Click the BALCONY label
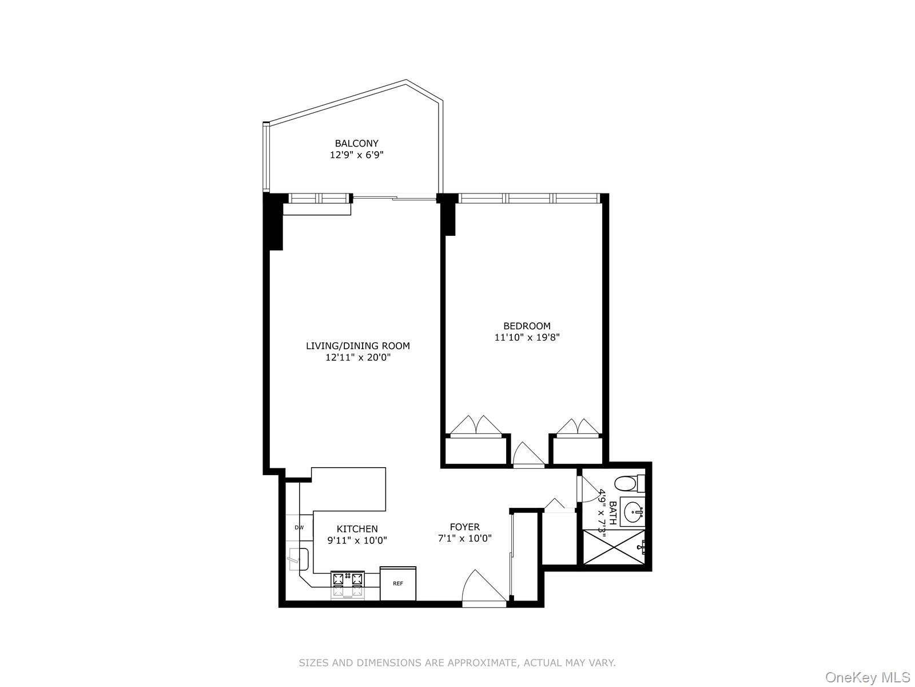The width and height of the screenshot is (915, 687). point(356,143)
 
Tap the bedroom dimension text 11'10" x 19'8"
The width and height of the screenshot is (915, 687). point(527,338)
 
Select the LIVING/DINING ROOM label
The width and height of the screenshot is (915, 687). point(358,346)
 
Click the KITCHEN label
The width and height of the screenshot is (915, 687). point(357,529)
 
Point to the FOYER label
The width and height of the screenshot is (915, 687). point(464,527)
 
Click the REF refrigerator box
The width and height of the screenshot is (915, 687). point(398,583)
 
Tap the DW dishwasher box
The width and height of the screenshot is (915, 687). point(299,527)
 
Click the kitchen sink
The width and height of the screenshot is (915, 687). point(299,559)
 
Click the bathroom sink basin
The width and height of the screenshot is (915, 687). point(632,512)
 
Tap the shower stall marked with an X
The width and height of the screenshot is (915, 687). point(614,548)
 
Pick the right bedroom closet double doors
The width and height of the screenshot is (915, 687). point(578,427)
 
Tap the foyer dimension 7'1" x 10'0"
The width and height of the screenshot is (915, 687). point(464,539)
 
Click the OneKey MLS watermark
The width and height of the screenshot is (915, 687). point(867,678)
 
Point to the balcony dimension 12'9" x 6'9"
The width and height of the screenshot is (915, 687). point(356,155)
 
